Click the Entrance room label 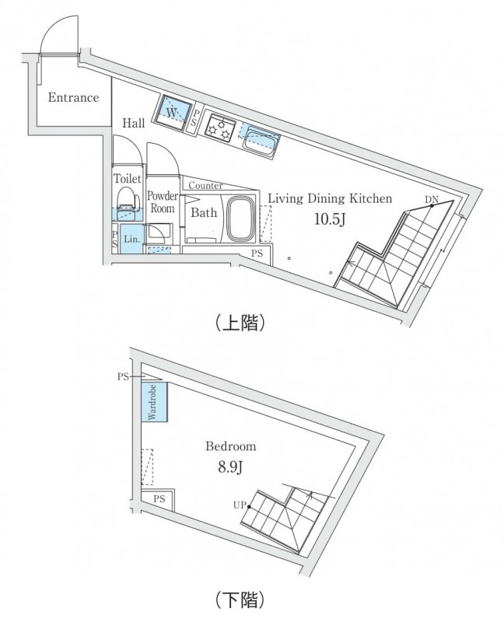click(x=73, y=98)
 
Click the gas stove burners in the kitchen click(x=220, y=126)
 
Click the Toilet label click(x=128, y=179)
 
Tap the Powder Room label click(x=163, y=202)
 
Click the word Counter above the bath click(x=205, y=186)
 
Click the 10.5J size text click(x=329, y=218)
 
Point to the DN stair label click(x=432, y=200)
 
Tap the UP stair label click(x=239, y=505)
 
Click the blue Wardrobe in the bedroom click(x=152, y=402)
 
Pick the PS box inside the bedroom click(x=160, y=499)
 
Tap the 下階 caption click(x=240, y=599)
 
